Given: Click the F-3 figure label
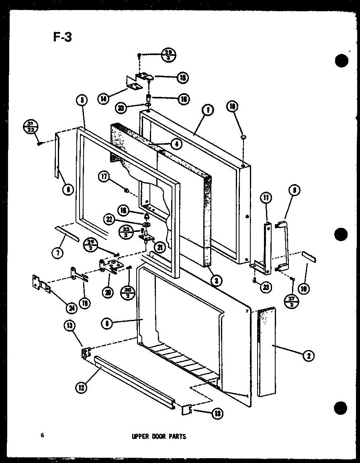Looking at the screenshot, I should tap(62, 37).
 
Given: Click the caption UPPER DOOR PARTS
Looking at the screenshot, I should tap(159, 436).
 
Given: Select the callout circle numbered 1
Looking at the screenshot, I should tap(209, 109).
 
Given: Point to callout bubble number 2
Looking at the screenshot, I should tap(308, 355).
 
